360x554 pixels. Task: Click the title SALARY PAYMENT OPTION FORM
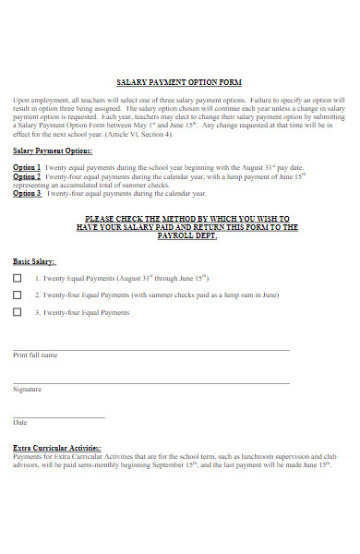point(180,82)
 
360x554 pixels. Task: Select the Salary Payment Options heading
point(53,151)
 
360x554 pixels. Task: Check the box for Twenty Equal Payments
point(18,278)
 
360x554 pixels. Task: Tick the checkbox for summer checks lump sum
point(18,295)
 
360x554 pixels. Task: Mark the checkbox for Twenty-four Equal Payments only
point(18,313)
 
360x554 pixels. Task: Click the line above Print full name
point(150,350)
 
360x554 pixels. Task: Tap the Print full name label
point(35,355)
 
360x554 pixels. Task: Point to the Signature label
point(27,390)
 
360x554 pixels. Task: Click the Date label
point(20,423)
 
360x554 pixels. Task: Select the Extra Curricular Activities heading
point(57,447)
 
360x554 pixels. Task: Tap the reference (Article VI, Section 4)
point(138,134)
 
